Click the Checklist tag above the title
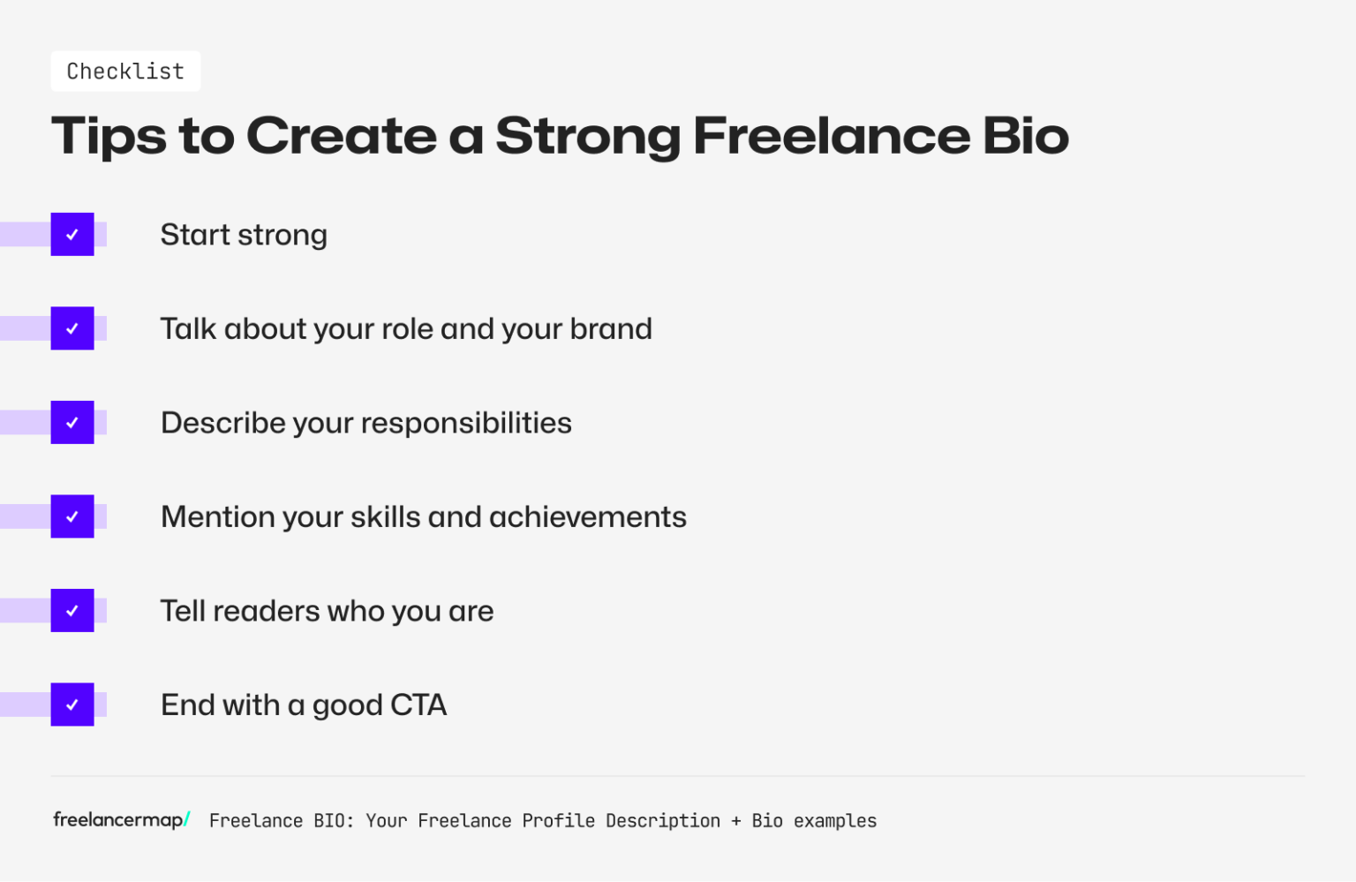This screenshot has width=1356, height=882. (125, 72)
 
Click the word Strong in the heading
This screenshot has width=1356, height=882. (587, 137)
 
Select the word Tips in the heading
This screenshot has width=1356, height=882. (109, 137)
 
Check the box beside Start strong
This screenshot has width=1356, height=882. (72, 235)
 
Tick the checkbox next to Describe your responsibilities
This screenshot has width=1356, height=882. (72, 423)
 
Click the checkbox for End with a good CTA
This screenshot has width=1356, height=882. (72, 705)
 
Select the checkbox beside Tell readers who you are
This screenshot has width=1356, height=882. (72, 611)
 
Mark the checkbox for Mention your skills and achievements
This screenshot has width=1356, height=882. (72, 516)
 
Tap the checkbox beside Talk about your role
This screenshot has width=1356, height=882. (72, 328)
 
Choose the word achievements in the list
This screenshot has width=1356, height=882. (587, 517)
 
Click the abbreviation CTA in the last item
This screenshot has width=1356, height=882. (418, 705)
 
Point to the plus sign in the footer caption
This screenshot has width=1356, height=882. (735, 821)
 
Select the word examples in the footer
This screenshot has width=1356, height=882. (834, 821)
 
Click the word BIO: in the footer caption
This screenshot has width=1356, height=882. (334, 821)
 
